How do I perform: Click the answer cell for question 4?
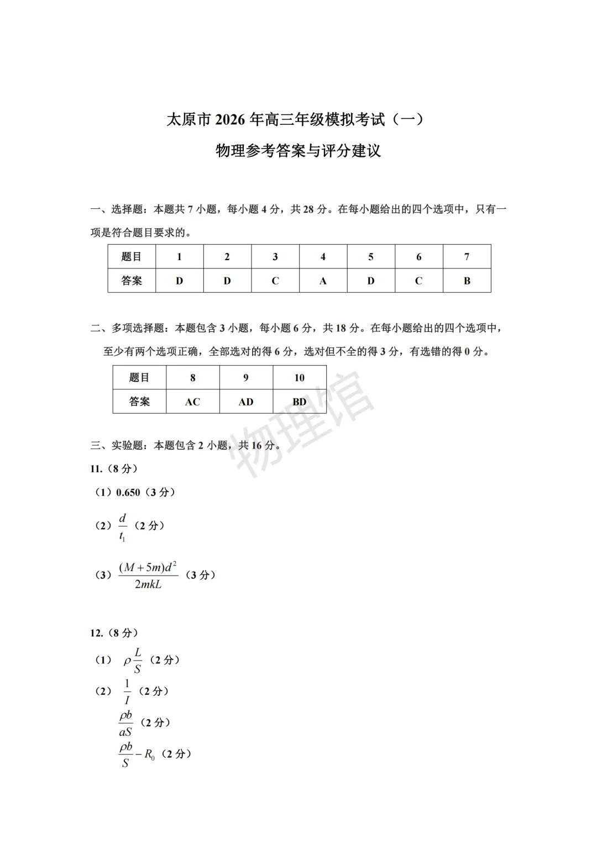click(323, 281)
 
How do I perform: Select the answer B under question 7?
click(467, 281)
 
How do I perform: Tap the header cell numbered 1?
click(179, 257)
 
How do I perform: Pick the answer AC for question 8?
click(192, 402)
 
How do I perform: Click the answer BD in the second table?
click(299, 402)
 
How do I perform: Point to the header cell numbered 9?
click(246, 378)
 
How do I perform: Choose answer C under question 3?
click(275, 281)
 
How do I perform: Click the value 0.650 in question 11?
click(128, 492)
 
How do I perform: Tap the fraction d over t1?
click(122, 527)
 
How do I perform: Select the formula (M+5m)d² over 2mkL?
click(148, 575)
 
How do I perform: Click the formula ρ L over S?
click(133, 660)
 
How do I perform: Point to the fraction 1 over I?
click(127, 692)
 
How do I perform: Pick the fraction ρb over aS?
click(125, 723)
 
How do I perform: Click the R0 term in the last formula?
click(149, 755)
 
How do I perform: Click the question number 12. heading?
click(97, 633)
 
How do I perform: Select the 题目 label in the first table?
click(132, 257)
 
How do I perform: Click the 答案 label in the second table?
click(139, 402)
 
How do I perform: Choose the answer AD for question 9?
click(246, 402)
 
